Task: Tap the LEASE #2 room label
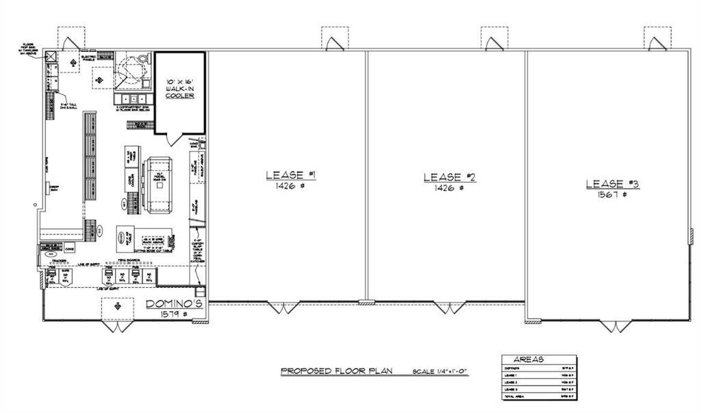pos(449,177)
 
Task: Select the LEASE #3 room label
pos(613,184)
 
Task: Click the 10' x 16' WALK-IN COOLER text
pos(180,88)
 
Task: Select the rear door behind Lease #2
pos(494,44)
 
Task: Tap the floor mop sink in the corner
pos(51,57)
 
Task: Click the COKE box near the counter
pos(69,250)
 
